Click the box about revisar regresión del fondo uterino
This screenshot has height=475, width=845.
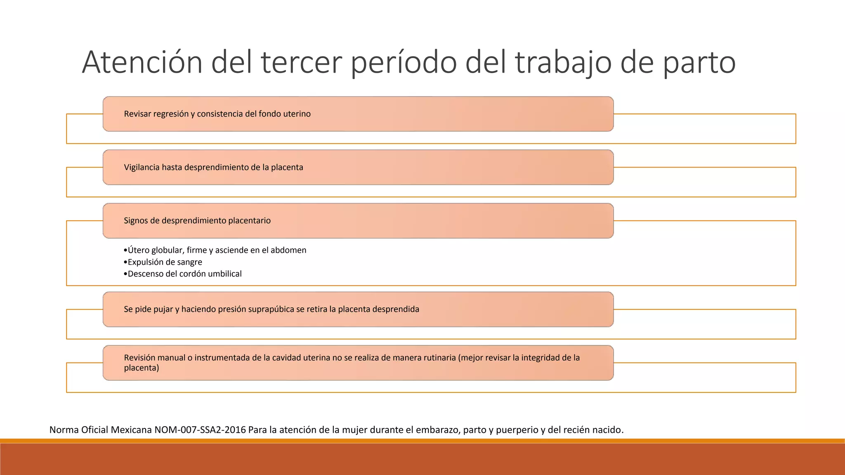358,114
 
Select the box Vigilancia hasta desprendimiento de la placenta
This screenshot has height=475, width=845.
358,167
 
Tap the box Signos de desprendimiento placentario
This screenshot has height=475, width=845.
358,221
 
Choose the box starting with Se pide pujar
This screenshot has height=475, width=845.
358,309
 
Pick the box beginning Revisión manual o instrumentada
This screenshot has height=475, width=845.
358,363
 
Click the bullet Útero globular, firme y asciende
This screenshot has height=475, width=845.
217,250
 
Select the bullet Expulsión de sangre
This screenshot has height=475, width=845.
164,262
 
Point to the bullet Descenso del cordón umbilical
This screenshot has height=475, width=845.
184,274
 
